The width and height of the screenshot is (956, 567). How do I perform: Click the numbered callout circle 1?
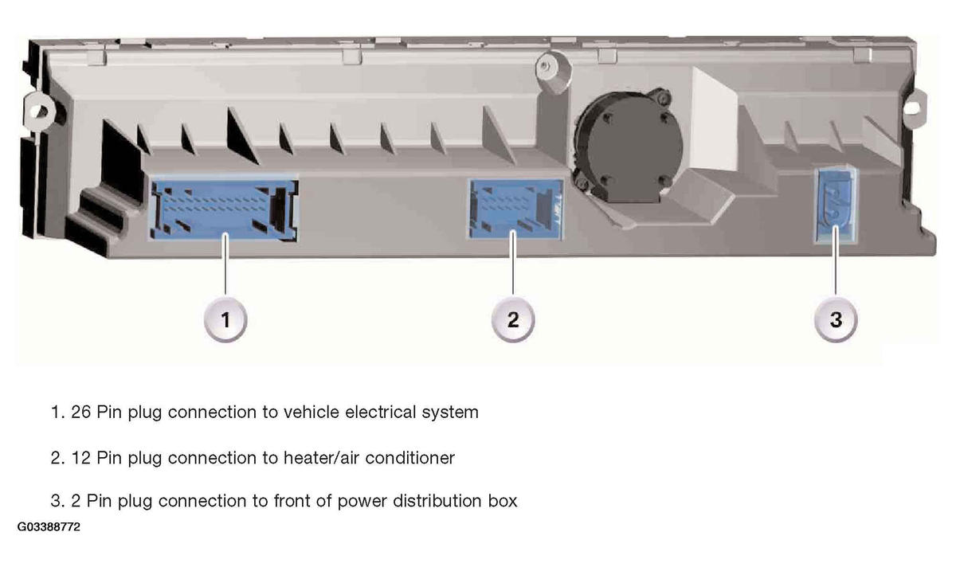(x=225, y=319)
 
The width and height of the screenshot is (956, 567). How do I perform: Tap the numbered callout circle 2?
(x=513, y=319)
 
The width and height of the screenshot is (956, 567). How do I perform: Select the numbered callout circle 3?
(x=836, y=319)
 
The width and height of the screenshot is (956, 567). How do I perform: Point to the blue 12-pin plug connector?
(x=516, y=209)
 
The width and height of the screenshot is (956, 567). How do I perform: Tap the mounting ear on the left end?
(x=40, y=110)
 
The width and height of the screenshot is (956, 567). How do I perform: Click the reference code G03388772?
(x=49, y=527)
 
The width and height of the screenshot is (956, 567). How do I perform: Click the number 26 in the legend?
(x=80, y=413)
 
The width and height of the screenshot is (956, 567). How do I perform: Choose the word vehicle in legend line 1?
(x=311, y=413)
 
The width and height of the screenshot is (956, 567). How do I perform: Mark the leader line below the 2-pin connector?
(x=836, y=261)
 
